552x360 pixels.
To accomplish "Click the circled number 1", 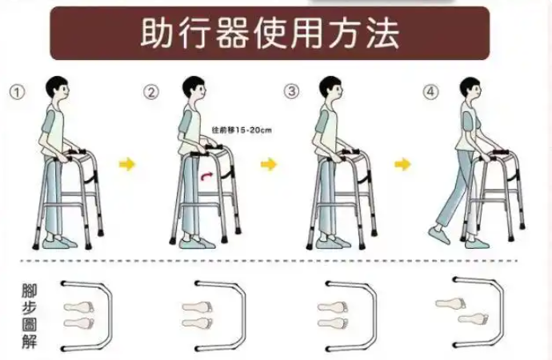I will [x=17, y=92].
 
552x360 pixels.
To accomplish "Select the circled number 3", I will [x=291, y=91].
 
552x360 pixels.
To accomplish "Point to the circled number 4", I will [x=431, y=92].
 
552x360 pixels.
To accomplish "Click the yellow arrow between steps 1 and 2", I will [x=126, y=164].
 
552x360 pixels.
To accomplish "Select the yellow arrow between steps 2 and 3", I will [x=268, y=164].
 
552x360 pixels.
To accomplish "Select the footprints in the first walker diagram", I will [x=79, y=314].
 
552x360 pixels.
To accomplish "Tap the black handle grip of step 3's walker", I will [x=350, y=151].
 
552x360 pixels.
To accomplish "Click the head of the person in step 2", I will [x=194, y=88].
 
